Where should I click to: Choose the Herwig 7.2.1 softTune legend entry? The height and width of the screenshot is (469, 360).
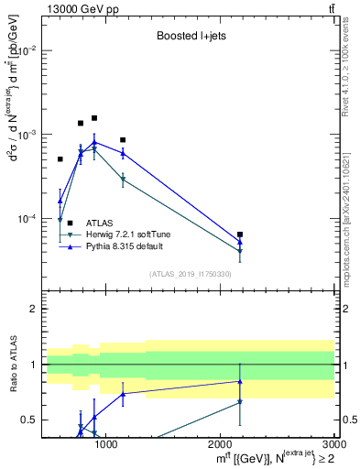(127, 234)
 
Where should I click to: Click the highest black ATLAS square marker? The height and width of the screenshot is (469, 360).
(94, 118)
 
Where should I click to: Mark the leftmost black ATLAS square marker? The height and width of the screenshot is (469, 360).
(60, 159)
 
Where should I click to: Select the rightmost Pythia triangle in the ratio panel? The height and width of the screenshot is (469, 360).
(240, 381)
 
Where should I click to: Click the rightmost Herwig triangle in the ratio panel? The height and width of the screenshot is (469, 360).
(240, 402)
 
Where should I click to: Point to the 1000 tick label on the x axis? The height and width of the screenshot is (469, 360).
(106, 445)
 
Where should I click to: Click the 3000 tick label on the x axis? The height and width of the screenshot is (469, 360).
(325, 445)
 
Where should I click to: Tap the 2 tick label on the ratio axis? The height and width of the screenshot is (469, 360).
(33, 309)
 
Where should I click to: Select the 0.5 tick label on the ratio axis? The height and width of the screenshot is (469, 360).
(29, 420)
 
